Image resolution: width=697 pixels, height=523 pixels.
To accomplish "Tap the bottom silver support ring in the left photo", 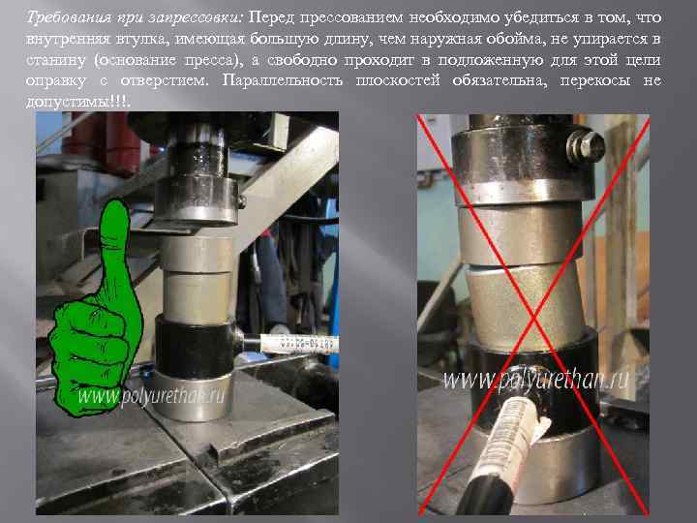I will (195, 397).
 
